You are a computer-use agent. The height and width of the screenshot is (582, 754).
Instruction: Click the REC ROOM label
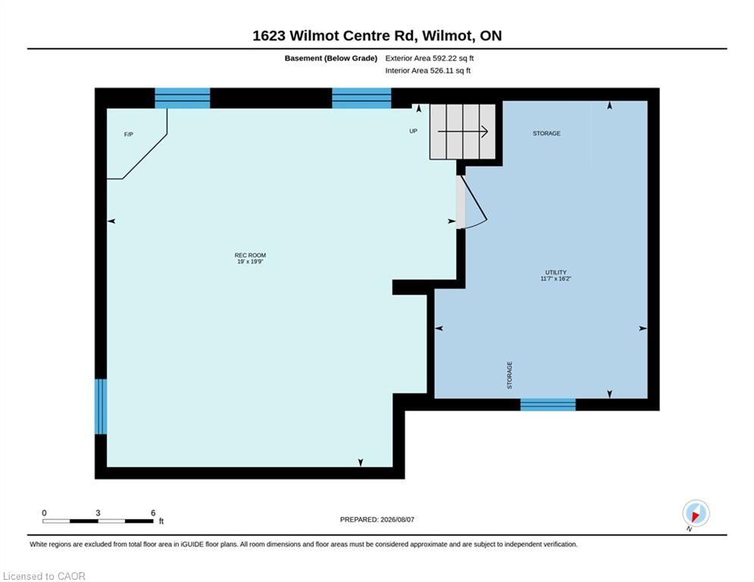250,255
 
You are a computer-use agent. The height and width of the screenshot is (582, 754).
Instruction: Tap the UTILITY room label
556,272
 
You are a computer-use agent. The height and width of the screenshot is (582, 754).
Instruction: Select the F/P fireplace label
128,135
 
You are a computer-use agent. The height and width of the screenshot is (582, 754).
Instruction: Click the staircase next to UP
462,132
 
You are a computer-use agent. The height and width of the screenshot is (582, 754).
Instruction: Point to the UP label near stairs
413,131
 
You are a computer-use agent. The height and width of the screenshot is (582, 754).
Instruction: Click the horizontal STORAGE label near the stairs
546,133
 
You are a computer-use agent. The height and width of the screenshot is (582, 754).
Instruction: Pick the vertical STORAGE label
509,375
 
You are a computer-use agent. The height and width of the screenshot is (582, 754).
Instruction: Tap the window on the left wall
101,406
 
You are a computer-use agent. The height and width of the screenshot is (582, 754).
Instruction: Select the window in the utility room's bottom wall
548,405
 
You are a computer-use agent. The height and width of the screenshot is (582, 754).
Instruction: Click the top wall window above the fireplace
183,98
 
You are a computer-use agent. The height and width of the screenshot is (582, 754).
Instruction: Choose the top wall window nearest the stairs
361,98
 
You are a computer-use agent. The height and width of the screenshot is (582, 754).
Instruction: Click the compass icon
696,514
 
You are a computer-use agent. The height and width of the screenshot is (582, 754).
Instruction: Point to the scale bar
98,521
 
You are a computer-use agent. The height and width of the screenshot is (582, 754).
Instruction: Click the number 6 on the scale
153,513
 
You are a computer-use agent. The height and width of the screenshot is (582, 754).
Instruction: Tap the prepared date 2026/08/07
397,519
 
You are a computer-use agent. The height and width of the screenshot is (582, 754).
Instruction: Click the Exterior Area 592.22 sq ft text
430,58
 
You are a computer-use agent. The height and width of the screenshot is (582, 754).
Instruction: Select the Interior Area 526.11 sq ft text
428,70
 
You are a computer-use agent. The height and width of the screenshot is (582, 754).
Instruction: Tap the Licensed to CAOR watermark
44,576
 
